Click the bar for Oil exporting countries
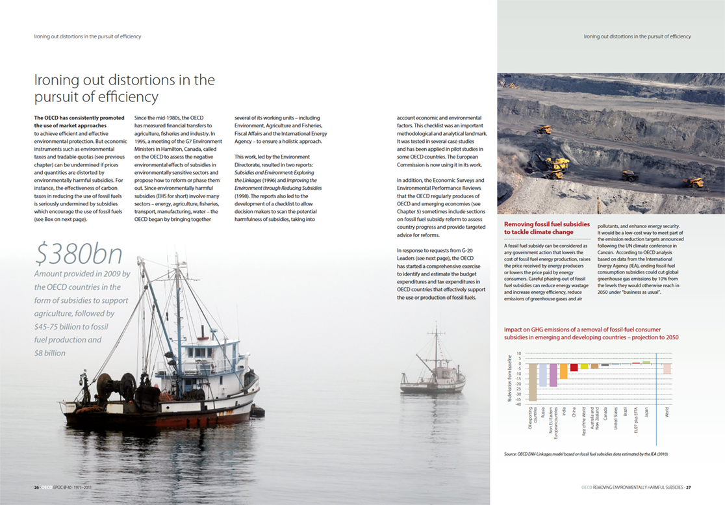tap(533, 382)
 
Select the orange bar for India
tap(564, 371)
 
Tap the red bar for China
tap(574, 368)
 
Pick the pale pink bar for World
tap(667, 369)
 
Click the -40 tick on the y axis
tap(518, 404)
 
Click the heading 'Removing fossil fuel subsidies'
tap(547, 224)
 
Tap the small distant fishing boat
tap(433, 378)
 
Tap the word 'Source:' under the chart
tap(512, 454)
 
